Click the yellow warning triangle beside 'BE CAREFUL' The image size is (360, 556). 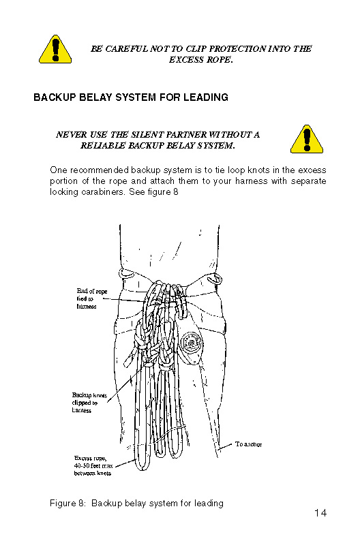point(55,49)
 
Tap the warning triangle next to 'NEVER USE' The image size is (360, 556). point(307,139)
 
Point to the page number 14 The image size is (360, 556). point(320,513)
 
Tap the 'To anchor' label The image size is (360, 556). point(249,444)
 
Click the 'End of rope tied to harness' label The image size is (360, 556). point(91,298)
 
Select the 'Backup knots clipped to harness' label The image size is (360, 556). point(89,403)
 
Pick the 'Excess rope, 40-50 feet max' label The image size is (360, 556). point(93,465)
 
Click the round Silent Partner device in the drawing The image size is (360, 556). point(192,343)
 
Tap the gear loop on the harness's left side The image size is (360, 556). point(125,274)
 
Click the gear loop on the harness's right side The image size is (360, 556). point(215,279)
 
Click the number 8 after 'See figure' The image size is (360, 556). point(175,192)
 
